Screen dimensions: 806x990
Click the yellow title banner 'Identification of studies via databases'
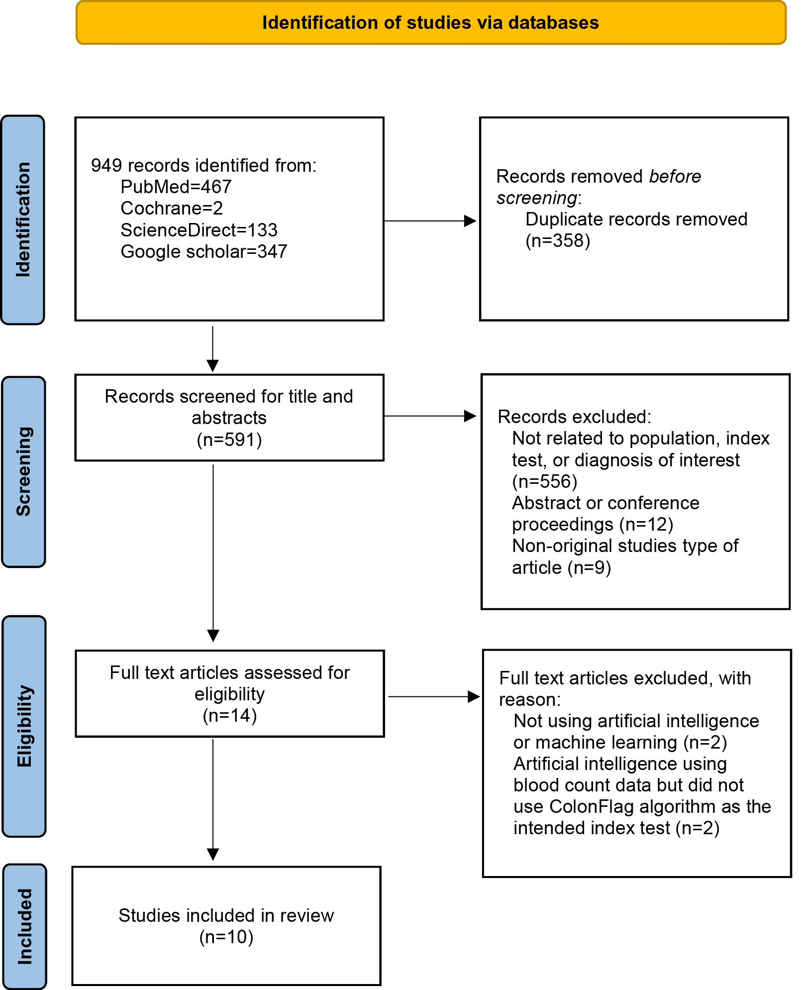(431, 22)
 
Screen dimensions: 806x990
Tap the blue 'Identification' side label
(23, 220)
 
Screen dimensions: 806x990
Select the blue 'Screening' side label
(23, 472)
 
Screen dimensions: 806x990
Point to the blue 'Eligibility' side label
(24, 726)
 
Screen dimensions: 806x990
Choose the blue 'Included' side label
(24, 927)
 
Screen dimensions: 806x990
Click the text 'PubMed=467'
(176, 187)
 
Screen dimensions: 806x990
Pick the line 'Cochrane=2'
(172, 208)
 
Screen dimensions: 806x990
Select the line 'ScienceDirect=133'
(199, 230)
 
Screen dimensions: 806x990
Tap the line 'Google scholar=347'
(204, 251)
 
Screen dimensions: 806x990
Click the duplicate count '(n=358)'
(558, 241)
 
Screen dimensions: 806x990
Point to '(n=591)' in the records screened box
(229, 440)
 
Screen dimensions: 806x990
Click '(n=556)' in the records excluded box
(545, 482)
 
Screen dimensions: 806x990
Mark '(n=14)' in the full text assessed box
(230, 716)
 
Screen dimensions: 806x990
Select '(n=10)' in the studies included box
(226, 937)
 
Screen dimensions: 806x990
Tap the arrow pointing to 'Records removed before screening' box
(430, 221)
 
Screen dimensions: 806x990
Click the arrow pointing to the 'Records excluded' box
(430, 416)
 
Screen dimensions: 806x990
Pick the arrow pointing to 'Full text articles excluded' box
(434, 697)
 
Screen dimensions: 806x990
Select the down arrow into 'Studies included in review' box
(213, 800)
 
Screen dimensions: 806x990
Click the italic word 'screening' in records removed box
(537, 198)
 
